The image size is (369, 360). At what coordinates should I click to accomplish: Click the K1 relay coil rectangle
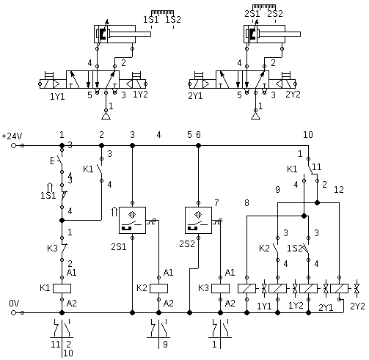[62, 288]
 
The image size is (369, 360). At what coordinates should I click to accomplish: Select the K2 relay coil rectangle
[158, 288]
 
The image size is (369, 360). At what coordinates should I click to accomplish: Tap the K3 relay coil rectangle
[220, 288]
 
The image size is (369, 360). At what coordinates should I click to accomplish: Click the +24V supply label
[12, 136]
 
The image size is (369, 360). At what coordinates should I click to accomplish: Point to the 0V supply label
[14, 304]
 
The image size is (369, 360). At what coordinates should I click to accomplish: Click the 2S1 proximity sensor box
[132, 220]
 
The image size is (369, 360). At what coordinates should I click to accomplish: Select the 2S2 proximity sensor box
[198, 220]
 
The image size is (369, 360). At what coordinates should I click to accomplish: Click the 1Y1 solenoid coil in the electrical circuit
[246, 288]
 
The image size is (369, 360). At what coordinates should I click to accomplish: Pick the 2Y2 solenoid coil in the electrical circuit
[339, 288]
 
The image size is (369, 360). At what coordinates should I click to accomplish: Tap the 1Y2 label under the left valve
[140, 95]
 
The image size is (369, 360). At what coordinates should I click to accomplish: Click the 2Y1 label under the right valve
[195, 96]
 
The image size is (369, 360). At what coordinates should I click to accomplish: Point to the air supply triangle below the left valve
[106, 116]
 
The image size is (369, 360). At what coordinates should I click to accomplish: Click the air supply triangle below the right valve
[255, 116]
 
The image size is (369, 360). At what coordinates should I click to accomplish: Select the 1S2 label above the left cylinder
[173, 20]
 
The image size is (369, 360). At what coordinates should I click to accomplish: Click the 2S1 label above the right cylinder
[252, 14]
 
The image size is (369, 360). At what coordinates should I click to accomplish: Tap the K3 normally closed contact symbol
[63, 249]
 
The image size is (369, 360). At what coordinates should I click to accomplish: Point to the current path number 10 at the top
[308, 135]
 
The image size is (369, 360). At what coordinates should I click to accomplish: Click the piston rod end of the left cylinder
[150, 34]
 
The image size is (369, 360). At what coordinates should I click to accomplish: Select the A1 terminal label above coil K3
[230, 272]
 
